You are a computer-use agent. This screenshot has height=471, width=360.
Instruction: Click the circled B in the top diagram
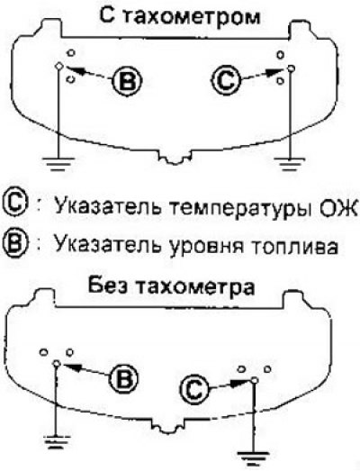[x=127, y=80]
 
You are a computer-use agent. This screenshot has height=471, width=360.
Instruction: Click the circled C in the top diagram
[x=226, y=80]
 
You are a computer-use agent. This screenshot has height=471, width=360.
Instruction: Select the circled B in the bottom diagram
[x=123, y=377]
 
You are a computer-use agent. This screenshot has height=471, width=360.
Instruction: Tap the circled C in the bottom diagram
[x=194, y=390]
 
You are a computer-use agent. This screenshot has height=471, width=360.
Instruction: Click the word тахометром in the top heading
[x=192, y=17]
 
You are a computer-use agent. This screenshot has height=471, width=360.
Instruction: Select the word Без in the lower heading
[x=109, y=285]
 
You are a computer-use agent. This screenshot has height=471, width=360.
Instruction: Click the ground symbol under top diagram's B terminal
[x=58, y=163]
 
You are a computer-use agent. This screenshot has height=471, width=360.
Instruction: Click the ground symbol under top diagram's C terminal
[x=289, y=164]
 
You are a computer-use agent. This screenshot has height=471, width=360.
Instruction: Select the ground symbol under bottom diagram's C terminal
[x=253, y=456]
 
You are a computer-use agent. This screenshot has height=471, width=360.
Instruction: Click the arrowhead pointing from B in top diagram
[x=73, y=70]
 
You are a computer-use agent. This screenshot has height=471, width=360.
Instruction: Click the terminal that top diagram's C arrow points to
[x=291, y=68]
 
